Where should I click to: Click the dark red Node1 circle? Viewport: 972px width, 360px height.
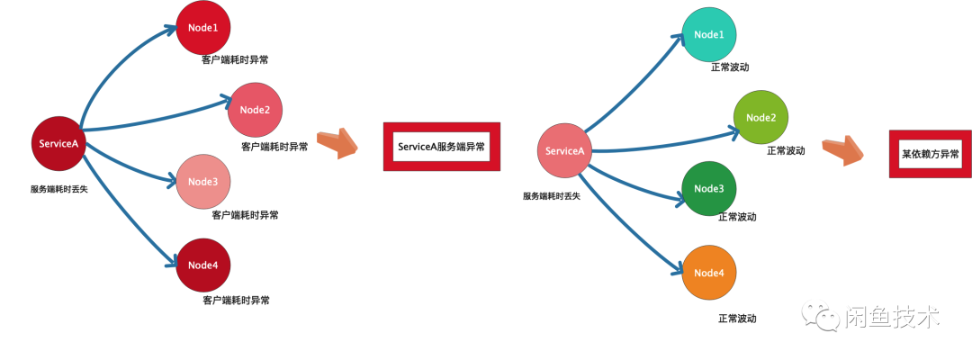202,27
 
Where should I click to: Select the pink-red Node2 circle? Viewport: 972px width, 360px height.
255,110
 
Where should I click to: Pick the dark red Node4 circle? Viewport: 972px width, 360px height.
202,265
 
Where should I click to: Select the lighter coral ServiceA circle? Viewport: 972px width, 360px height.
565,150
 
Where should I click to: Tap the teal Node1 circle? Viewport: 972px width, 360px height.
708,35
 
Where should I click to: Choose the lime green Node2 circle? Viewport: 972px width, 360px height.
760,118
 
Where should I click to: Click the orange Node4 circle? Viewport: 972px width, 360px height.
708,273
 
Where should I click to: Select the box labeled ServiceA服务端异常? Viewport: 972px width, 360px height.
440,146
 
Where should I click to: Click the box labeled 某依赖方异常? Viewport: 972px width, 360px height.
929,154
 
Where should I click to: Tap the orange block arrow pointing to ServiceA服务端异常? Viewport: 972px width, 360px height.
338,142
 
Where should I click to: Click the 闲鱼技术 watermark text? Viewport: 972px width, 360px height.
894,316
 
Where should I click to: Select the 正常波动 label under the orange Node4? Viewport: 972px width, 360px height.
737,319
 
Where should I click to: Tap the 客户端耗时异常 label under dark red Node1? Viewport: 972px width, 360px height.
235,59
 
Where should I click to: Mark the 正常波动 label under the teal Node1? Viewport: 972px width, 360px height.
730,67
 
